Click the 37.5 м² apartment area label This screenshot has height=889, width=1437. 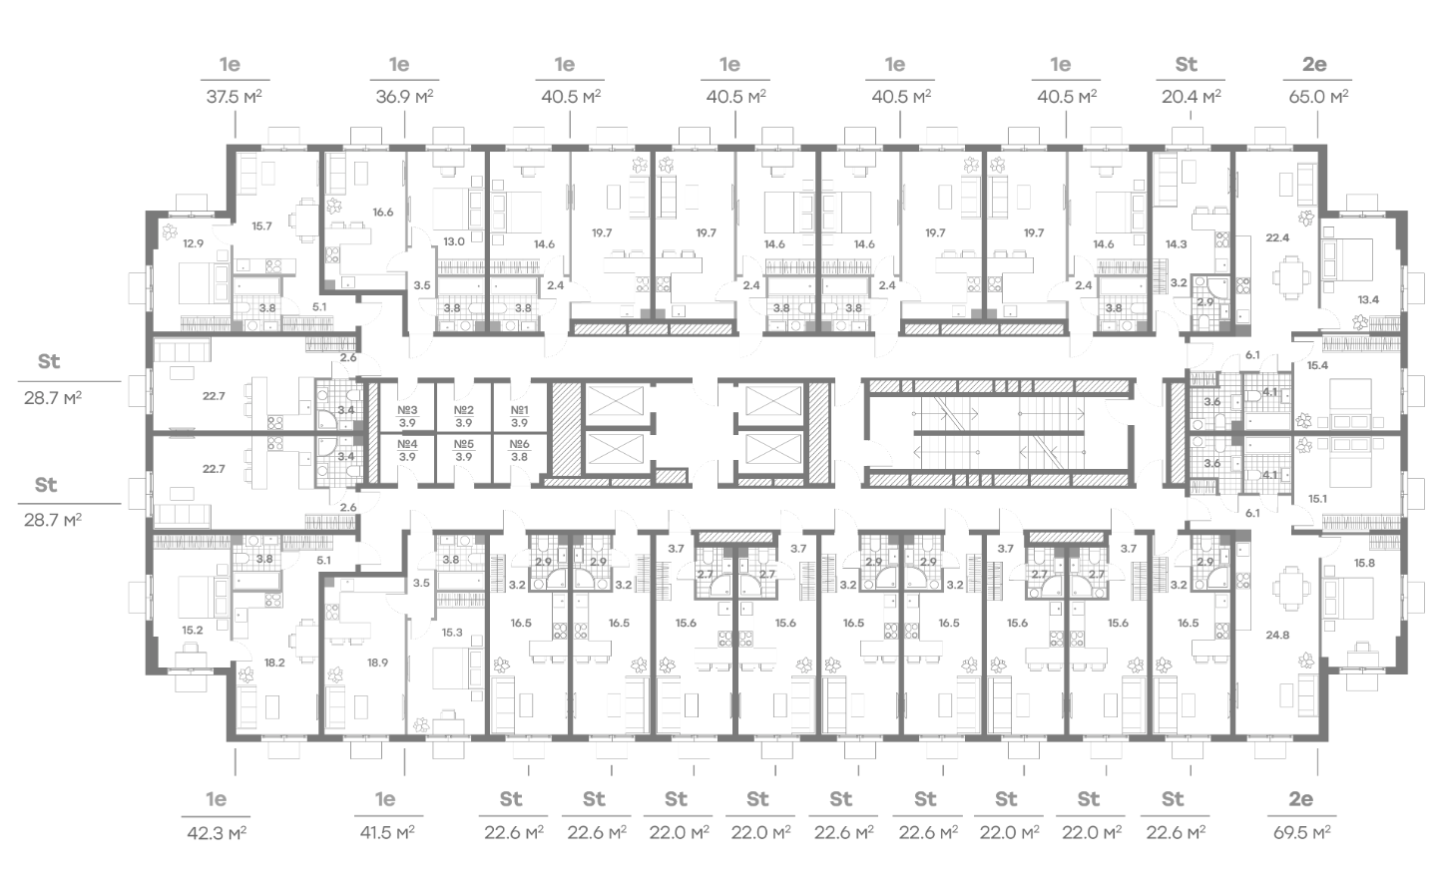pyautogui.click(x=234, y=97)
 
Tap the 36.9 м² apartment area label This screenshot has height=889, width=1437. pyautogui.click(x=404, y=97)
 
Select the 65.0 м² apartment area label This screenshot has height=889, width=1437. pyautogui.click(x=1318, y=97)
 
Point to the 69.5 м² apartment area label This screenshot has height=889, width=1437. pyautogui.click(x=1301, y=832)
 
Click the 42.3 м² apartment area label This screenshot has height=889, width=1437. pyautogui.click(x=217, y=833)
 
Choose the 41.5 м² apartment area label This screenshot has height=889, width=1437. pyautogui.click(x=387, y=832)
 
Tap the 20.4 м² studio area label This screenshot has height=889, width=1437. pyautogui.click(x=1192, y=97)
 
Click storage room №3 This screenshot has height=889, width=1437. pyautogui.click(x=407, y=416)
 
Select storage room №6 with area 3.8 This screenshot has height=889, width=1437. pyautogui.click(x=519, y=450)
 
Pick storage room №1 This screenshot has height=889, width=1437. pyautogui.click(x=519, y=416)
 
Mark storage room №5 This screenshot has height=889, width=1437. pyautogui.click(x=463, y=450)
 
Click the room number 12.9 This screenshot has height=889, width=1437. pyautogui.click(x=194, y=243)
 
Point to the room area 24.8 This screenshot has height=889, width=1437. pyautogui.click(x=1277, y=635)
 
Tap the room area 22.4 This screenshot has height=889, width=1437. pyautogui.click(x=1277, y=237)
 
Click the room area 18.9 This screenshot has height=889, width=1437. pyautogui.click(x=377, y=663)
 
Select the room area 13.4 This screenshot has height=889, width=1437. pyautogui.click(x=1368, y=299)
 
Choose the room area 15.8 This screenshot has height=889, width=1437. pyautogui.click(x=1364, y=563)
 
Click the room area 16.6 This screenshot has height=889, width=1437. pyautogui.click(x=383, y=213)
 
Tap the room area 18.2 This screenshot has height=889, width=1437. pyautogui.click(x=273, y=663)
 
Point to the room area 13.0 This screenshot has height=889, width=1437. pyautogui.click(x=453, y=241)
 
